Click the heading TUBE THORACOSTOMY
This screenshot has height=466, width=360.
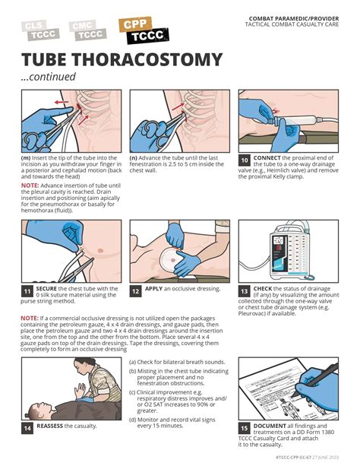tap(122, 60)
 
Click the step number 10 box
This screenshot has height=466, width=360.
tap(245, 160)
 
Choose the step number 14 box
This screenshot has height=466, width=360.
tap(27, 428)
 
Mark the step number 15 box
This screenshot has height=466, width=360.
tap(245, 428)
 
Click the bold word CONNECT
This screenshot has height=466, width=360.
tap(267, 157)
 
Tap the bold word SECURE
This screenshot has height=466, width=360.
tap(47, 289)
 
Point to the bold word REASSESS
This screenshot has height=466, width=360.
tap(50, 426)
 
